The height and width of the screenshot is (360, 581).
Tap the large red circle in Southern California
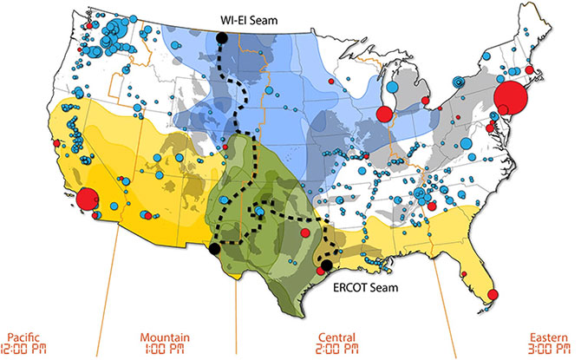(x=88, y=200)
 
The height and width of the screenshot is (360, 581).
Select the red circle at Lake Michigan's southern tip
(x=384, y=113)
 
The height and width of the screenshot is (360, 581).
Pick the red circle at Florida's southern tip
(x=493, y=295)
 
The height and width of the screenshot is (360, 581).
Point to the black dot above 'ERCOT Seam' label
(x=326, y=265)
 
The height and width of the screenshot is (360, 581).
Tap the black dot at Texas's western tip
(x=213, y=249)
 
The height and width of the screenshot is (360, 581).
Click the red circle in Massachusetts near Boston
(x=529, y=69)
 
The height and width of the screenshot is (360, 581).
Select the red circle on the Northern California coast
(x=57, y=143)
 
